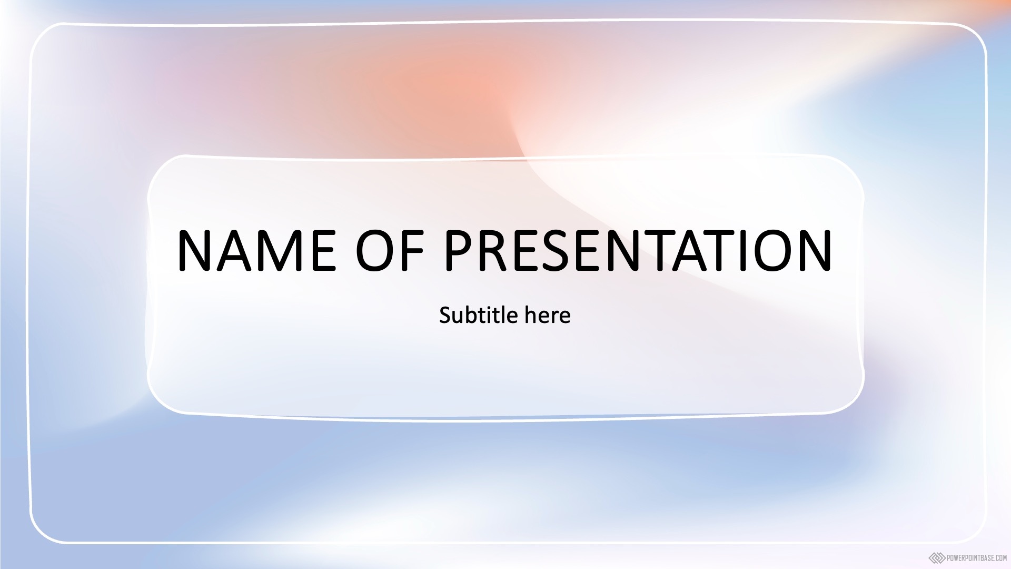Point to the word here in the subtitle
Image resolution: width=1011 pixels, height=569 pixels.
pyautogui.click(x=548, y=315)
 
